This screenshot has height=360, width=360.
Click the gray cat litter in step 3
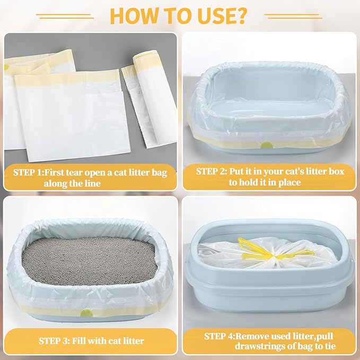pos(89,259)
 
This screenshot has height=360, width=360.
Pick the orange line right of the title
pos(292,16)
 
